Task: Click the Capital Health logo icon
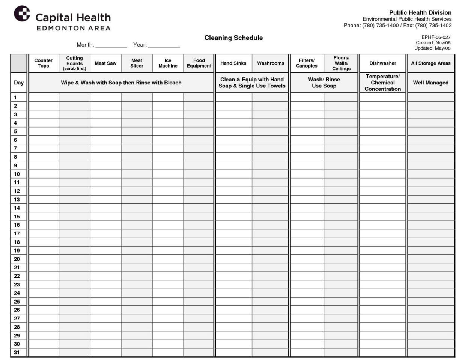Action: coord(22,14)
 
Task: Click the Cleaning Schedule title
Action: coord(233,38)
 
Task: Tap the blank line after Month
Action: coord(111,45)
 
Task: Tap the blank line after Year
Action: coord(164,45)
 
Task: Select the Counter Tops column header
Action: coord(44,63)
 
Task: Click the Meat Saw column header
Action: coord(105,63)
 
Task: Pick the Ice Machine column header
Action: coord(168,63)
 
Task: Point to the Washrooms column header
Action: coord(271,63)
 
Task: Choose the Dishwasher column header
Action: coord(383,63)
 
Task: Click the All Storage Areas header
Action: coord(431,63)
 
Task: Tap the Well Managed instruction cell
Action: coord(431,83)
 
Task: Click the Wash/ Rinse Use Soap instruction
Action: coord(324,83)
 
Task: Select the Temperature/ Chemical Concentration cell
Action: coord(383,83)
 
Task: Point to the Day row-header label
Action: coord(19,83)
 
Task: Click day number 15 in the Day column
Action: coord(17,217)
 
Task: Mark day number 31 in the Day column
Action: coord(17,352)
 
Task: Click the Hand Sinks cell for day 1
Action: coord(233,98)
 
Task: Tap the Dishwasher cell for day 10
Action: coord(383,174)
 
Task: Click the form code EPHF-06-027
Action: coord(436,37)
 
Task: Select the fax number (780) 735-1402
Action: coord(433,26)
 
